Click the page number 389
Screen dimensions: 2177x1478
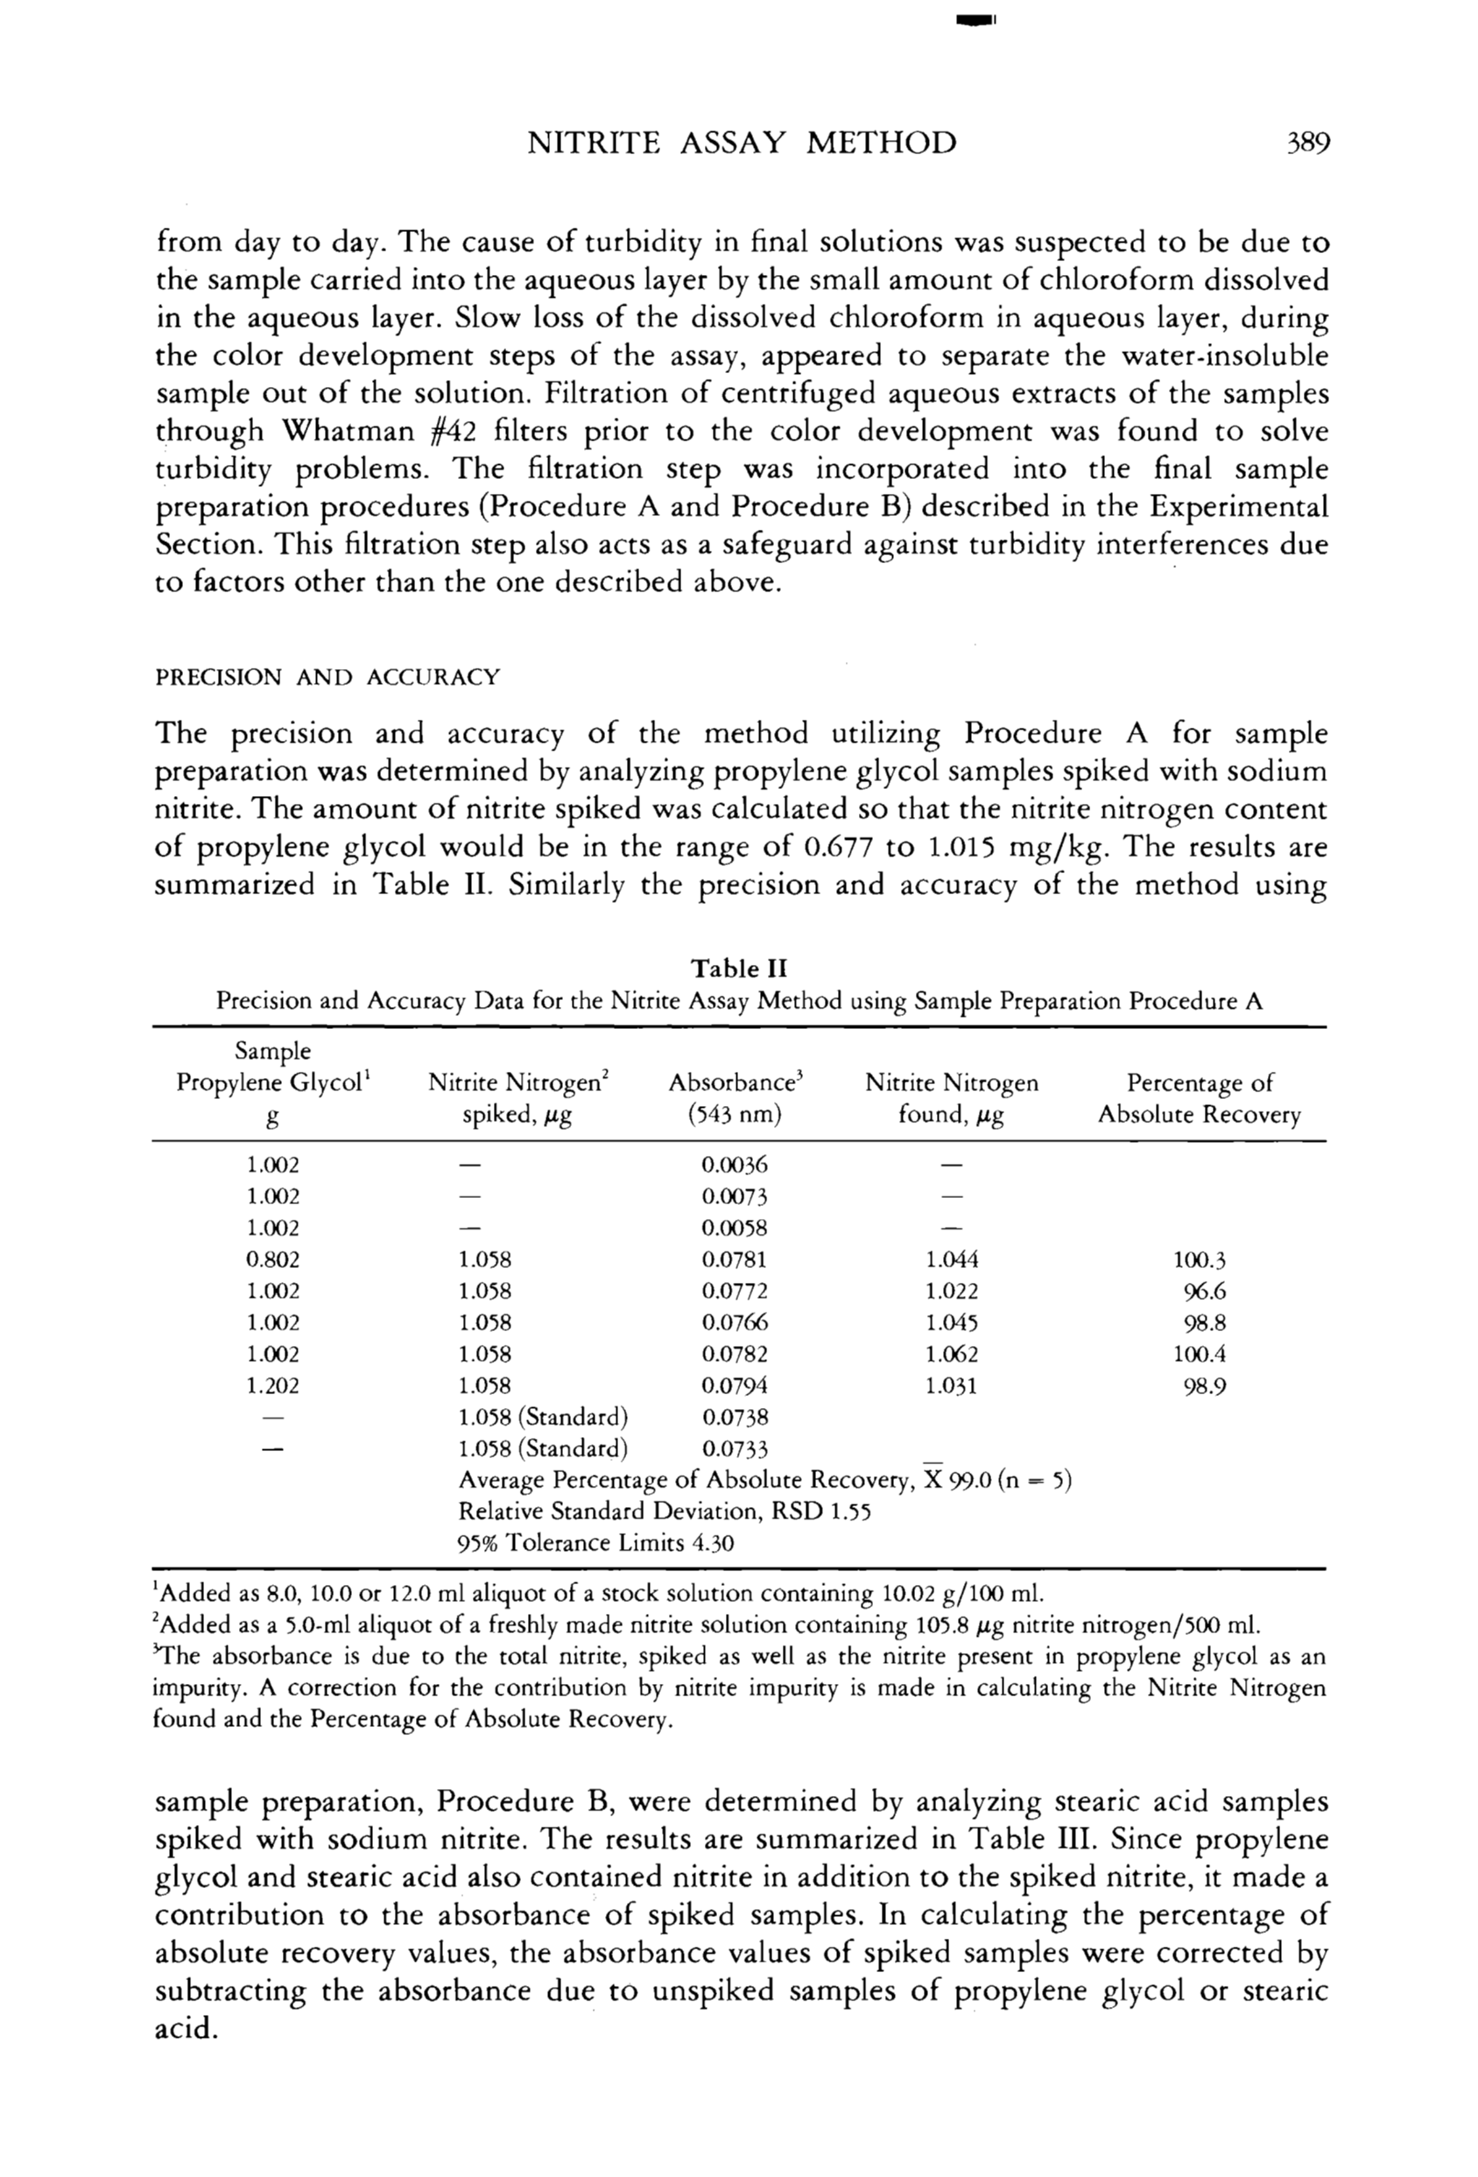point(1307,144)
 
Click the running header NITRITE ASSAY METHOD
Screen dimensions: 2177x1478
point(742,144)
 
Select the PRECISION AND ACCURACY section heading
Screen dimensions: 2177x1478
point(327,677)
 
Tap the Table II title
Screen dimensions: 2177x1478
point(739,968)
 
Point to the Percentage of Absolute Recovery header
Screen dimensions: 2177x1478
point(1199,1099)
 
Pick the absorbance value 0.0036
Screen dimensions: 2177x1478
point(735,1166)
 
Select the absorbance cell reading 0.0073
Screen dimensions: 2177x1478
point(735,1197)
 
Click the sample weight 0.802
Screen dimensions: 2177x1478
point(272,1260)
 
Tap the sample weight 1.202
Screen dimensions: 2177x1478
point(272,1385)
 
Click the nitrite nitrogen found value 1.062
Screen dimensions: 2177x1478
point(952,1355)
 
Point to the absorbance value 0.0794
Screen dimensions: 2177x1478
point(735,1385)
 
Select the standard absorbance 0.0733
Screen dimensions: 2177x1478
point(735,1449)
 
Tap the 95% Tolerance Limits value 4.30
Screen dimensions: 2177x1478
point(713,1544)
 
